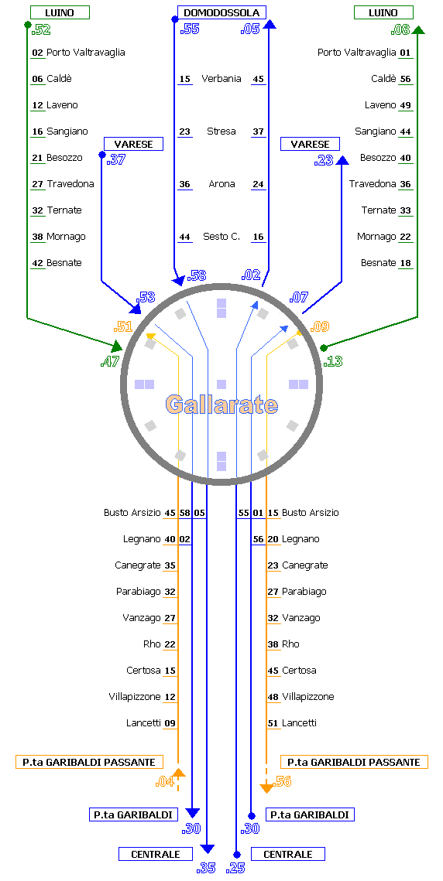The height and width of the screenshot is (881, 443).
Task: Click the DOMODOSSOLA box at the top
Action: point(221,12)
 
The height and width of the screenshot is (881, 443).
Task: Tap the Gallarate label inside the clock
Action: point(221,404)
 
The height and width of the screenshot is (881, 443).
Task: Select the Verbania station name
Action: point(221,79)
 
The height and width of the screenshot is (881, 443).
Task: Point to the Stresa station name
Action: point(221,131)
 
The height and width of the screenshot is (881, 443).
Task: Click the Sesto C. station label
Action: point(221,237)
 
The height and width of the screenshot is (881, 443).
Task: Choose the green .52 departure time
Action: point(40,30)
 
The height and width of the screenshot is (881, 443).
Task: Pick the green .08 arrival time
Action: point(400,30)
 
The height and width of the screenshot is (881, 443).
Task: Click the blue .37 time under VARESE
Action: point(115,159)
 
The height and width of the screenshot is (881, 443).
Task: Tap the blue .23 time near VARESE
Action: point(324,161)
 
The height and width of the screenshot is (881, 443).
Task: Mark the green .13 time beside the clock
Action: point(333,362)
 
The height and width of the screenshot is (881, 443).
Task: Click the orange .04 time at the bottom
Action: point(164,781)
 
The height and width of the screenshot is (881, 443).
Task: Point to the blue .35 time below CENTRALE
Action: point(206,868)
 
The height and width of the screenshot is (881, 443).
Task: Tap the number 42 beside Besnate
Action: point(38,263)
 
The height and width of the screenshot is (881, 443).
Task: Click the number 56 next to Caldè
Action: point(405,79)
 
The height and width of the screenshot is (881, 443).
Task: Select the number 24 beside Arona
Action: point(259,184)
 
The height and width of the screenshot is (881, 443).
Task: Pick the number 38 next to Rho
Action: point(273,644)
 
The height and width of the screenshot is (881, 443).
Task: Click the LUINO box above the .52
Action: point(60,12)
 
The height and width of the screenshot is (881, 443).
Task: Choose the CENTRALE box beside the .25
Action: point(288,854)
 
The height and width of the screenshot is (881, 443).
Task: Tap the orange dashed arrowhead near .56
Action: point(266,787)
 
